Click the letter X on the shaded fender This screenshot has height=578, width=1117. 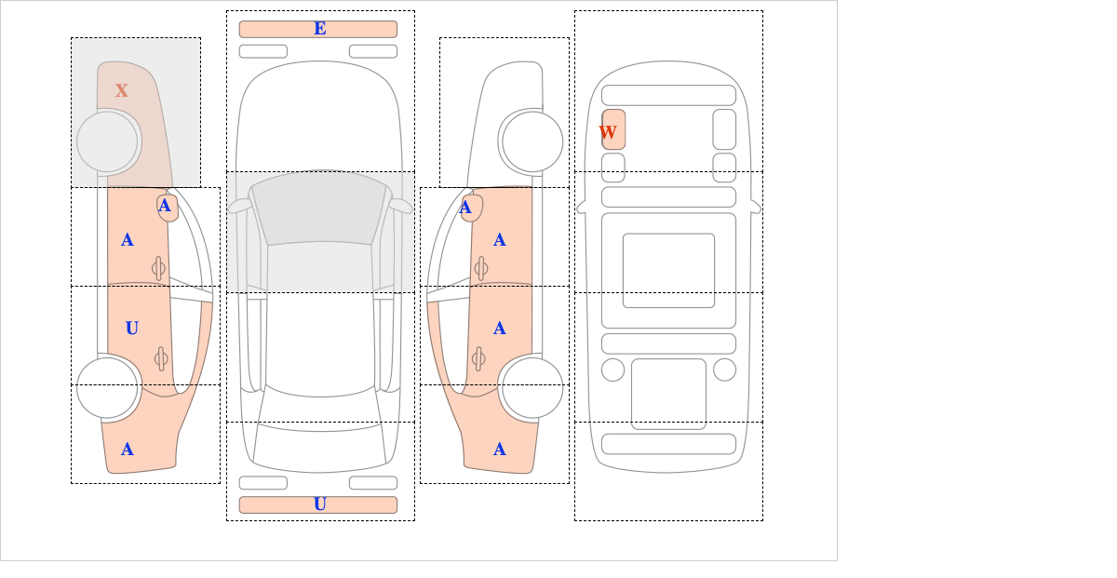tap(122, 90)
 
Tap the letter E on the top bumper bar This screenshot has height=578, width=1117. tap(320, 29)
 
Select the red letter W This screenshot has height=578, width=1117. tap(608, 132)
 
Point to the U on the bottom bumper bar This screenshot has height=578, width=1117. tap(320, 504)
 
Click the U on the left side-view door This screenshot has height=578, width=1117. tap(131, 328)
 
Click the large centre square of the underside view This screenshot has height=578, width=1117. tap(668, 270)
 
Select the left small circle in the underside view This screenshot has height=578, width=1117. tap(612, 370)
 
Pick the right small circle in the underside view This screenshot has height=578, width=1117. tap(724, 370)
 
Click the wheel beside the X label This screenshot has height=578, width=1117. tap(107, 141)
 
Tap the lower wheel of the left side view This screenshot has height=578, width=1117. tap(107, 387)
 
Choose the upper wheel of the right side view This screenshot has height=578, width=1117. tap(532, 141)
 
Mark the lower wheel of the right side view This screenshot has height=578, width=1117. tap(532, 387)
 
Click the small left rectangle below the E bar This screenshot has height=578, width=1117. tap(262, 51)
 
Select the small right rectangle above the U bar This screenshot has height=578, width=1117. tap(373, 482)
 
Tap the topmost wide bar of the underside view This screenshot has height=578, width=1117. tap(668, 95)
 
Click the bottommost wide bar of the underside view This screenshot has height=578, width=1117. tap(668, 443)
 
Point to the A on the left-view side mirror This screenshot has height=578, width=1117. tap(165, 206)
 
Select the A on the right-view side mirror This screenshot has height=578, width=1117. tap(465, 208)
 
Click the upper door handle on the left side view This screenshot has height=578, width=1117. tap(158, 269)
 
